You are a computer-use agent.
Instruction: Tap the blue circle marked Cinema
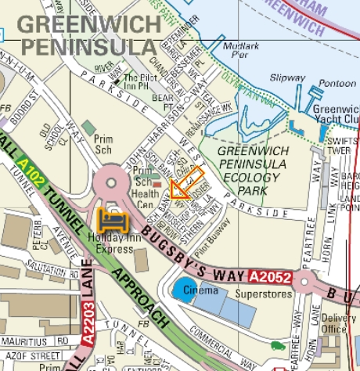point(184,290)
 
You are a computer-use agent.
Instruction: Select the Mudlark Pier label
point(239,51)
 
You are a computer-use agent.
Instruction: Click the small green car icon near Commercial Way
point(277,344)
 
